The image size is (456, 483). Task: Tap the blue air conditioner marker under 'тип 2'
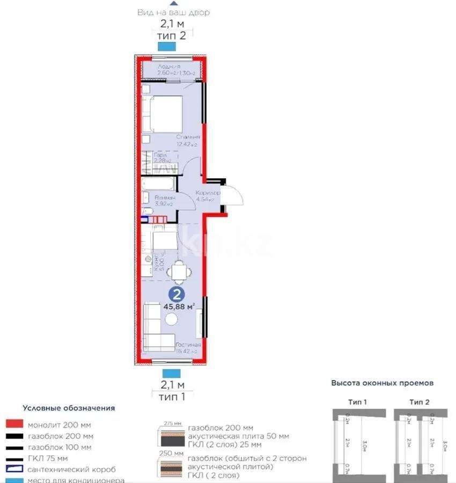[x=172, y=47]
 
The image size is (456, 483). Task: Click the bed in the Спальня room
[x=166, y=113]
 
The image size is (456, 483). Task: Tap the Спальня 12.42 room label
[x=188, y=141]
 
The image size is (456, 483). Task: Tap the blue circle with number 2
[x=175, y=294]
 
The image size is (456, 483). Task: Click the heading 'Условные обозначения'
[x=69, y=408]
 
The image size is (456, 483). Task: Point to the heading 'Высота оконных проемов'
[x=382, y=383]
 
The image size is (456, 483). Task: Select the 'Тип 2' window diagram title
[x=420, y=402]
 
